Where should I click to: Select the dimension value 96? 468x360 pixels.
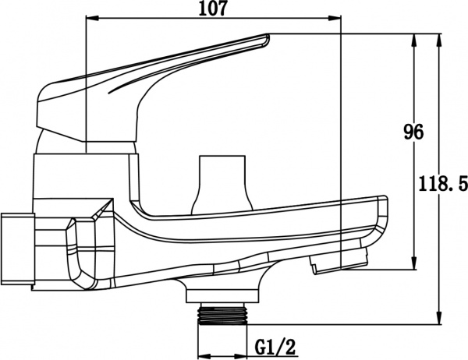[x=413, y=133]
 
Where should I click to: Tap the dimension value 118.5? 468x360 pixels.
[x=441, y=185]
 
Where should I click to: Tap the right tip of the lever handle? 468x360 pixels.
[x=268, y=36]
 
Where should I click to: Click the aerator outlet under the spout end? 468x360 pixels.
[x=337, y=261]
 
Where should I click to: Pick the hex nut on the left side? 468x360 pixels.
[x=16, y=250]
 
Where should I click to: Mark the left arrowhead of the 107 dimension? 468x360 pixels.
[x=88, y=19]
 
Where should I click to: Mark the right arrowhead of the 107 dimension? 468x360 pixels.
[x=338, y=19]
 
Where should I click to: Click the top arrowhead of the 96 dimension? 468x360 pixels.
[x=412, y=37]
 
